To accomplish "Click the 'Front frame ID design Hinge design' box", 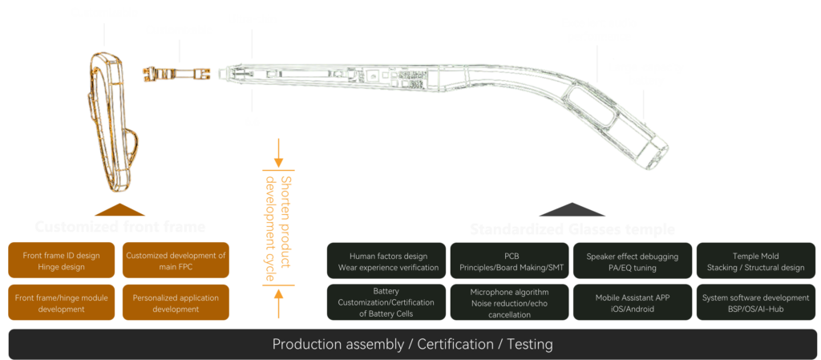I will (x=61, y=261).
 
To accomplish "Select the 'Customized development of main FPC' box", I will (x=176, y=261).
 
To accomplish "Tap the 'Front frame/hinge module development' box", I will (x=61, y=302).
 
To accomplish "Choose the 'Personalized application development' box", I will (x=176, y=302).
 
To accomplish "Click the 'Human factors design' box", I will (x=388, y=261).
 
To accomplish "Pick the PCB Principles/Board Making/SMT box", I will (x=510, y=261).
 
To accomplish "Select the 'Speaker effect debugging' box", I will (x=632, y=261).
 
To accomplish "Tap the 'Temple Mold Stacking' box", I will (x=757, y=261).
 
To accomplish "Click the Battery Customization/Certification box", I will (x=388, y=302).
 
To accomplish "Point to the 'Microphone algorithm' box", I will (x=510, y=302).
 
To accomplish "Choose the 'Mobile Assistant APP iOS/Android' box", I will (x=632, y=302).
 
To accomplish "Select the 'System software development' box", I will (x=757, y=302).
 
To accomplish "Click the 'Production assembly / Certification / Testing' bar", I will (x=412, y=345).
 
